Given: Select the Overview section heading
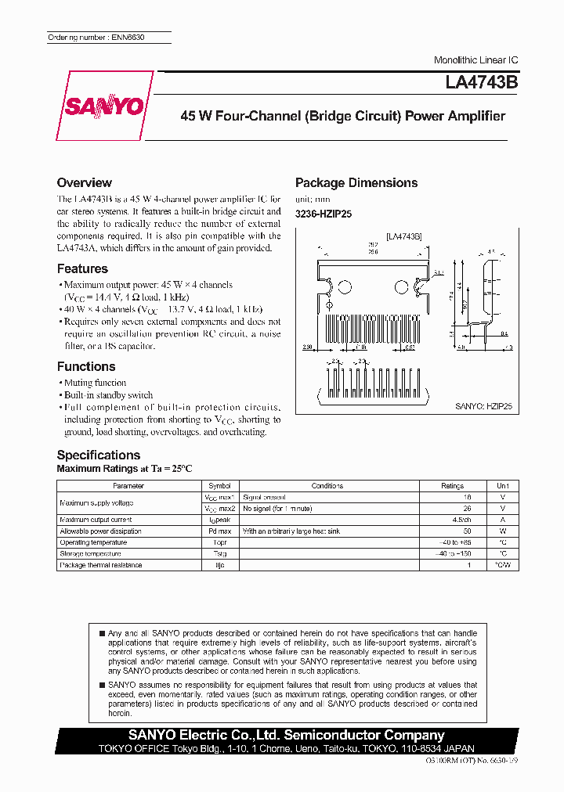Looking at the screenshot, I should tap(85, 182).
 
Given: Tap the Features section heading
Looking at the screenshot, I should tap(82, 268).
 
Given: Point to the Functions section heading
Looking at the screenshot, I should tap(86, 366).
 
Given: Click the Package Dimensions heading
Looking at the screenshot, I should tap(356, 182).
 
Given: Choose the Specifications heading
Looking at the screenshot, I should tap(99, 455).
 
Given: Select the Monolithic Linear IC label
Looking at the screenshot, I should tap(475, 60).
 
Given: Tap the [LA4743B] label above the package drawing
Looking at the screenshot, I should tap(403, 236).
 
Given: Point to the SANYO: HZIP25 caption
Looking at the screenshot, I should tap(483, 407).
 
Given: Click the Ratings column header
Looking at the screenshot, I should tap(452, 486).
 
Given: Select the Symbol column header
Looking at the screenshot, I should tap(220, 486).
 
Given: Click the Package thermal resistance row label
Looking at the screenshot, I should tap(102, 565).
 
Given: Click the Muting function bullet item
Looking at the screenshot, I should tap(95, 383).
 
